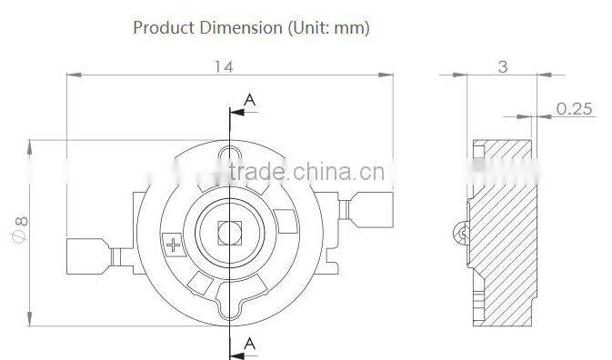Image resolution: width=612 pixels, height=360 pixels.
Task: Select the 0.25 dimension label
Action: coord(574,108)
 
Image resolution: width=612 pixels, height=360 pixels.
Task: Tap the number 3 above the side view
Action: coord(503,65)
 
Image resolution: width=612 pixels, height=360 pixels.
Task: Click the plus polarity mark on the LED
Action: coord(173,244)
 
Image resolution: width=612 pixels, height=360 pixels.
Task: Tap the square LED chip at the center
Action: coord(229,232)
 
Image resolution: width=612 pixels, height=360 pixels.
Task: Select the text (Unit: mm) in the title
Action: coord(328,27)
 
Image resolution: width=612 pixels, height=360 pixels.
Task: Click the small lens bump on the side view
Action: coord(461,233)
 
